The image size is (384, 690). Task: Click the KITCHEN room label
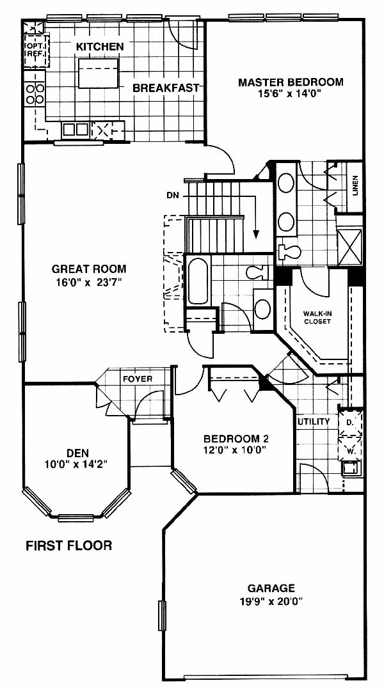(100, 46)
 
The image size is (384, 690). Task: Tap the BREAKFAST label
(166, 88)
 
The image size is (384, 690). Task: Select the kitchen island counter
(99, 73)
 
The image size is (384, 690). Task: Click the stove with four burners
(35, 94)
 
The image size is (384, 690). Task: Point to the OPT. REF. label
(35, 49)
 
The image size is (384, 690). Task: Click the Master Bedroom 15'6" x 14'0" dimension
(291, 93)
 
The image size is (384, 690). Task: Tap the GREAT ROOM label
(89, 269)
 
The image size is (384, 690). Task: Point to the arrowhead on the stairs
(256, 233)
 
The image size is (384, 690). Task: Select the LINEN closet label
(355, 185)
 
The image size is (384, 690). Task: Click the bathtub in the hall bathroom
(198, 281)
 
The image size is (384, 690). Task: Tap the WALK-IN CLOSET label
(317, 318)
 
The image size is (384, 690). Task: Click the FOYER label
(137, 379)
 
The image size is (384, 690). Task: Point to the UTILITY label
(314, 421)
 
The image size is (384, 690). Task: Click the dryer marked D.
(350, 423)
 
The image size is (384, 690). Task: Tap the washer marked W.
(350, 448)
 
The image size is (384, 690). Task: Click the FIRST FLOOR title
(68, 545)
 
